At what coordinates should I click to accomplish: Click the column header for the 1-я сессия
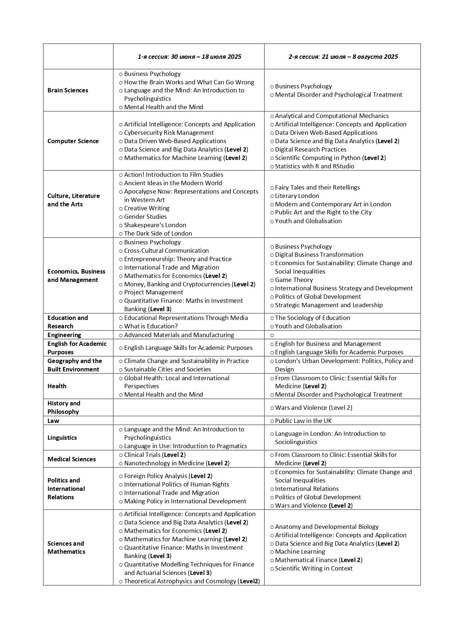pos(189,57)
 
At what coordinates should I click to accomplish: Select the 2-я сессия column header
pos(343,57)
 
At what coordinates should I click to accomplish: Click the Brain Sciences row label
pos(68,90)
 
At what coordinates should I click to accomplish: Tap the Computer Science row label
pos(73,141)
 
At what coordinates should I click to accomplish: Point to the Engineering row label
pos(64,335)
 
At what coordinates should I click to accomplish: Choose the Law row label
pos(53,421)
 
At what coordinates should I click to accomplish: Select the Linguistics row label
pos(62,438)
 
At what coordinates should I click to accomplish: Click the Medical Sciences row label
pos(72,459)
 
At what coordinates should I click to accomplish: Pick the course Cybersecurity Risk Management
pos(169,133)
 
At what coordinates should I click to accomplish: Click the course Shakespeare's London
pos(155,225)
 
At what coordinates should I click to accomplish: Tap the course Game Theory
pos(294,280)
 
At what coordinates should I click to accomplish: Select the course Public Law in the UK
pos(303,421)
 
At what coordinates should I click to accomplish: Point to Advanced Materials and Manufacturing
pos(179,335)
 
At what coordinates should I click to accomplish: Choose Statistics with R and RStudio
pos(315,166)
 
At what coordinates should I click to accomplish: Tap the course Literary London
pos(297,196)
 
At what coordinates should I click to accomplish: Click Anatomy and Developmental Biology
pos(327,527)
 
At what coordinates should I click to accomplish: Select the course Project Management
pos(153,292)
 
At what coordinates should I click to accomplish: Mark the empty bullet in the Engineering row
pos(272,335)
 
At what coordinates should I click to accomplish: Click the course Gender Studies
pos(145,217)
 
